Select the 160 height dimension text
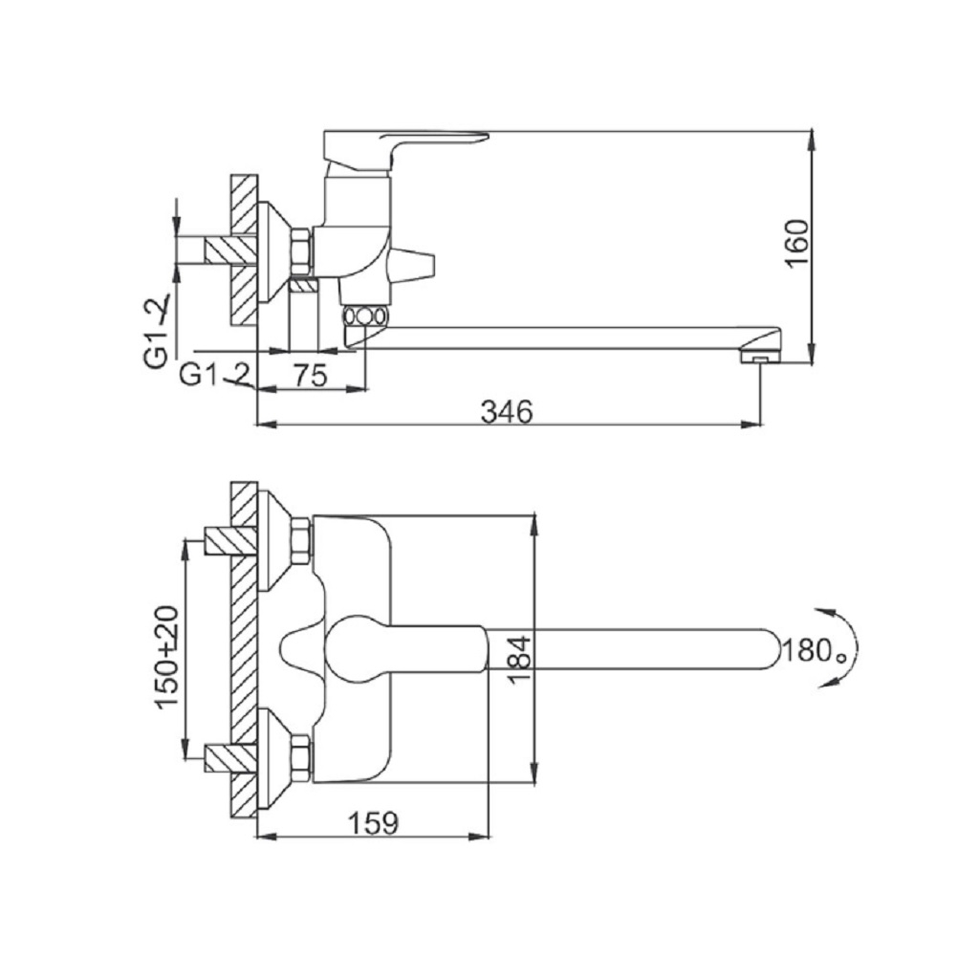tap(796, 244)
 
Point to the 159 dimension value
tap(372, 822)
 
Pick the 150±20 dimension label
tap(167, 656)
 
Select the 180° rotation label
tap(815, 651)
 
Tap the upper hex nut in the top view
tap(300, 541)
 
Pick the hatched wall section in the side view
tap(244, 251)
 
